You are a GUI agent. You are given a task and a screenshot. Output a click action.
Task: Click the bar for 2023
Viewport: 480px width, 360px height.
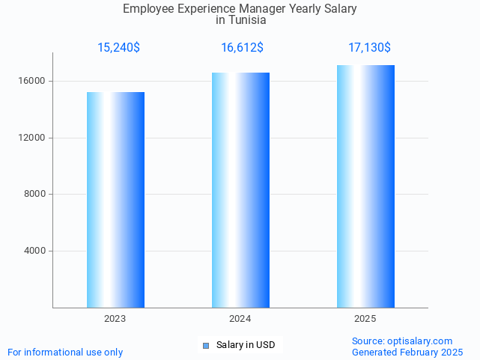(115, 200)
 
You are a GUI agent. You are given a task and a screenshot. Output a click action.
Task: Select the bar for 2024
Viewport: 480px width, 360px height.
(240, 190)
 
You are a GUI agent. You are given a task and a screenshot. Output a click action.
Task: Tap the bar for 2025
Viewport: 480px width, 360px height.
(365, 186)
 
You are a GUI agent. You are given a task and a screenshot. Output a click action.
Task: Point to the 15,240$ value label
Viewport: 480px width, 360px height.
(118, 48)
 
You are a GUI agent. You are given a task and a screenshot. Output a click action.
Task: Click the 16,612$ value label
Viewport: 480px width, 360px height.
(242, 48)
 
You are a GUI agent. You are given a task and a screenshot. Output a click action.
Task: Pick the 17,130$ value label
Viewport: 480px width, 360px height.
(369, 48)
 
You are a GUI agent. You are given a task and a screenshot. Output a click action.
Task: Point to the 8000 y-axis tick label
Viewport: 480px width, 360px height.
(34, 195)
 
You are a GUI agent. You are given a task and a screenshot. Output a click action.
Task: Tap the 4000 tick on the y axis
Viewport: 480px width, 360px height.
(34, 251)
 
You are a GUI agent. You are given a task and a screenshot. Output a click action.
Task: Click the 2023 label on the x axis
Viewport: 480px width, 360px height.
(115, 319)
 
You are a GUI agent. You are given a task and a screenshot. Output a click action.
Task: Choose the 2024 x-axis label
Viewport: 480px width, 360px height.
(240, 319)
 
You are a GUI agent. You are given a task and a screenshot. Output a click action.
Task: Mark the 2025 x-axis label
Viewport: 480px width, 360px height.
(365, 319)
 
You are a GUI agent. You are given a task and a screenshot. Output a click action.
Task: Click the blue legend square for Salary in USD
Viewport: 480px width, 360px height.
(206, 345)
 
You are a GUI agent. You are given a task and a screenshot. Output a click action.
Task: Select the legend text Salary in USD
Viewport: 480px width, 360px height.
(246, 345)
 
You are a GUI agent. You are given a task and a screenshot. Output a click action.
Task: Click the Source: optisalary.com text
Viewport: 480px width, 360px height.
(402, 341)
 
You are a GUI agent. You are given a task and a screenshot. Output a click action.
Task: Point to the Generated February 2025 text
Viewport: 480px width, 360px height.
(407, 352)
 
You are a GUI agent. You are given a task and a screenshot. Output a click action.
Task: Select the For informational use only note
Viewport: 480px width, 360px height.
(65, 352)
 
